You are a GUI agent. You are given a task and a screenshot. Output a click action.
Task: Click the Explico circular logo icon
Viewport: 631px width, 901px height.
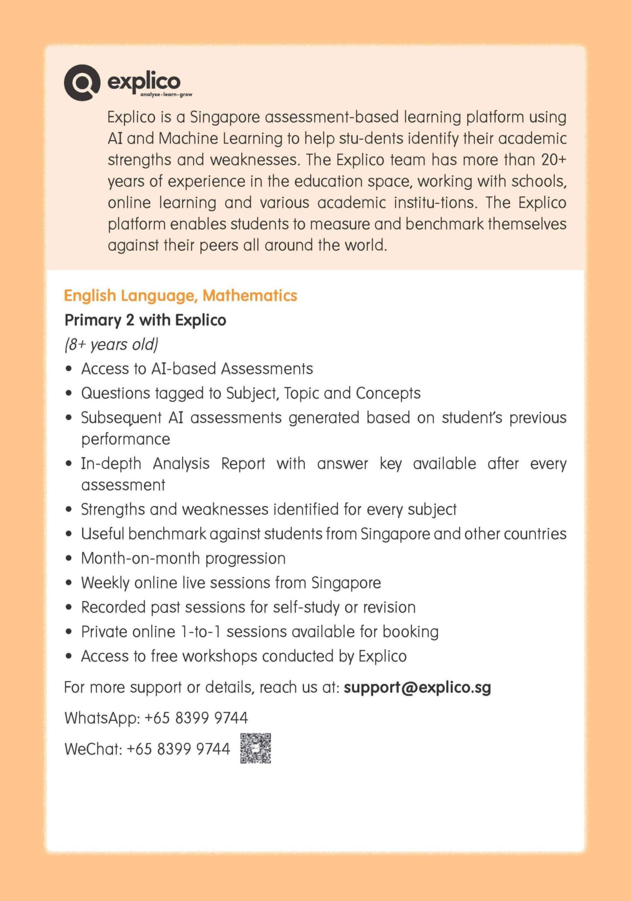[x=82, y=82]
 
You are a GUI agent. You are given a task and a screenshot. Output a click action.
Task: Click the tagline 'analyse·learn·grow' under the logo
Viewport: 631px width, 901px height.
[x=166, y=95]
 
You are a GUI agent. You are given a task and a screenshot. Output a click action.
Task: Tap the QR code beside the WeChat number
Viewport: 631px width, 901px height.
[x=255, y=748]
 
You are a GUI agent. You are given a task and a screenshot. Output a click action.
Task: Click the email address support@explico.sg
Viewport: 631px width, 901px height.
[x=417, y=687]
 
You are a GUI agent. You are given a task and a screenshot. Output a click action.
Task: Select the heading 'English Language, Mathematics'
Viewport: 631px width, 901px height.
[x=180, y=295]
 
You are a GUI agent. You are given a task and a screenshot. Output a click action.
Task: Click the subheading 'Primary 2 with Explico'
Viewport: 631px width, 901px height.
[x=145, y=320]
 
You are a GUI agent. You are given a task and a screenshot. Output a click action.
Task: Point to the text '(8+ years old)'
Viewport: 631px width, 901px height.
[x=111, y=344]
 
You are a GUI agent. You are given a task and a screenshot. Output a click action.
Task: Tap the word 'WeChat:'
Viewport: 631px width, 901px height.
[x=93, y=749]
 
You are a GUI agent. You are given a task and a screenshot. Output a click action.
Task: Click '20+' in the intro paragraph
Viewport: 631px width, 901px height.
[x=553, y=160]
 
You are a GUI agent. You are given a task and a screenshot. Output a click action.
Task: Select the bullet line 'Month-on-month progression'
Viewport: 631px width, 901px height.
[x=183, y=558]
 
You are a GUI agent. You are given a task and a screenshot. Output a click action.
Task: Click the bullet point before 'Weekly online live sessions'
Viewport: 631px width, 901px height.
[x=68, y=583]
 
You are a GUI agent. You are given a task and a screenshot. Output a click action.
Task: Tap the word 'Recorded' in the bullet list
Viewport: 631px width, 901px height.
[x=113, y=607]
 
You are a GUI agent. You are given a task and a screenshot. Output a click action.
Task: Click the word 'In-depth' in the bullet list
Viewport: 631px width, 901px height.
[x=111, y=463]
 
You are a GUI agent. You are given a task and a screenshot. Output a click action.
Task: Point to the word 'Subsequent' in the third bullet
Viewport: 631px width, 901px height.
[x=121, y=418]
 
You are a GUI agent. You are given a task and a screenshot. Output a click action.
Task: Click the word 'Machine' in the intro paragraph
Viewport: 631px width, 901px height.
[x=188, y=138]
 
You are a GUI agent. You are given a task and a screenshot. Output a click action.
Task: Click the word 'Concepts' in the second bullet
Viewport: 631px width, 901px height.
[x=388, y=393]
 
